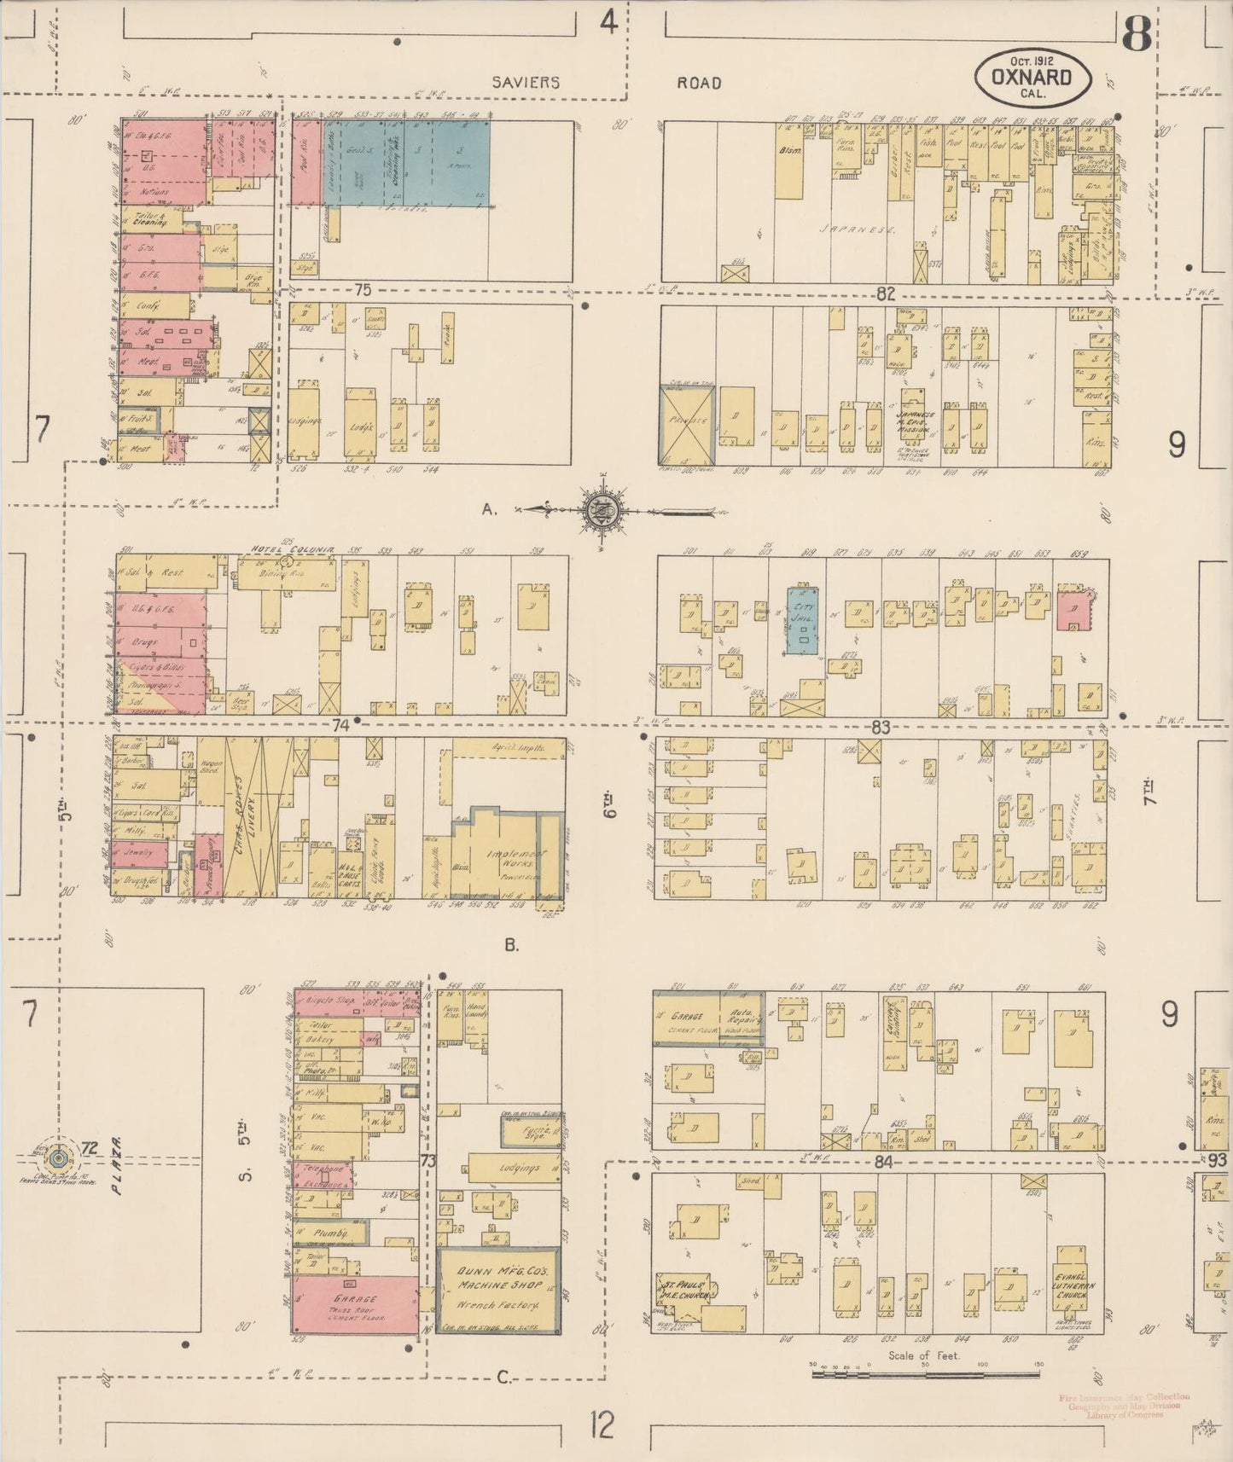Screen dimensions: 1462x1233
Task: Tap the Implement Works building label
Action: (x=504, y=861)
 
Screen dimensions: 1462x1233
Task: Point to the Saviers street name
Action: (x=524, y=83)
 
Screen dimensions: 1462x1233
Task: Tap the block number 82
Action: (x=884, y=294)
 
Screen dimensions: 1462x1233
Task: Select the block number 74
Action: (x=342, y=726)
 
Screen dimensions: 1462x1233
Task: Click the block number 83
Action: (x=881, y=728)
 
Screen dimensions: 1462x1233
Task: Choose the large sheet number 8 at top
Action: (x=1137, y=34)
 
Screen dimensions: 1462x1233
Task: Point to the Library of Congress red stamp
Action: (x=1124, y=1405)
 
